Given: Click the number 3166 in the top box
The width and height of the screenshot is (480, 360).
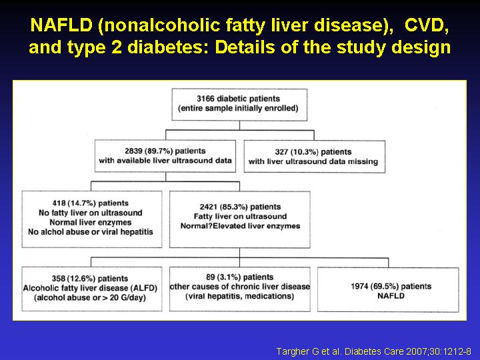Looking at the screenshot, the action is [x=205, y=99].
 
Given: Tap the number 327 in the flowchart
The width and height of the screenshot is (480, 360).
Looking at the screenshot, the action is [x=281, y=152].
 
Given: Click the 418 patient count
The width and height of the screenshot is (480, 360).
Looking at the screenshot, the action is [x=59, y=203].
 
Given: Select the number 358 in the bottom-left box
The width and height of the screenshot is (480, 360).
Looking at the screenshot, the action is [x=59, y=279].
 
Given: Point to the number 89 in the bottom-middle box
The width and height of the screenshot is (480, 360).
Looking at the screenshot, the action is [x=210, y=277].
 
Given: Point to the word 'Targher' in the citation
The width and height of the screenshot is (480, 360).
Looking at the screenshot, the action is [x=288, y=351].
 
